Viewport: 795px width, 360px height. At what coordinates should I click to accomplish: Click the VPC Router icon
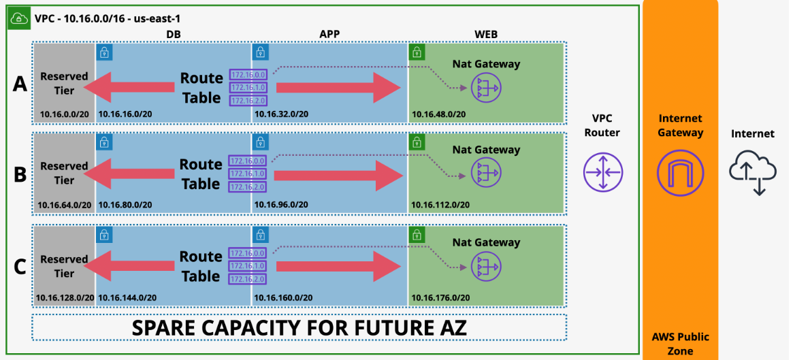point(603,171)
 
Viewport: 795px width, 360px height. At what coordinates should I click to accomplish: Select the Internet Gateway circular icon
point(680,171)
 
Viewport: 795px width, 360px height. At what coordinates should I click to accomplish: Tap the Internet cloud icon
point(752,171)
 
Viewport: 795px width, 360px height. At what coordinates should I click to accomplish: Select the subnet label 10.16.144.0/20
point(127,297)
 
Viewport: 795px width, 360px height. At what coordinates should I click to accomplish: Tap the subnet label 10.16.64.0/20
point(64,204)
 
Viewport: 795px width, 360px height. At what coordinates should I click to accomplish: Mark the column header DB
point(174,34)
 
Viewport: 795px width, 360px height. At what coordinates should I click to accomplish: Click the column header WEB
point(486,34)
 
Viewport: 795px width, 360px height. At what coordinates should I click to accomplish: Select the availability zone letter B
point(20,174)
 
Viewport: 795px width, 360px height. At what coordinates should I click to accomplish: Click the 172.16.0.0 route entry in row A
point(248,75)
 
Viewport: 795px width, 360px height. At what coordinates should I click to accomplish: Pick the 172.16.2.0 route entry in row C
point(248,279)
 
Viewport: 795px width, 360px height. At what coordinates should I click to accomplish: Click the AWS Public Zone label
point(680,344)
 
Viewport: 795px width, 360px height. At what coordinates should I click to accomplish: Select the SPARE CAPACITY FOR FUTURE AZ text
point(299,327)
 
